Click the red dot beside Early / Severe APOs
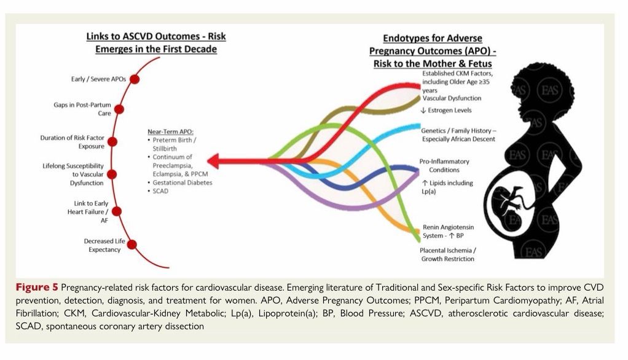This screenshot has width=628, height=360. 134,79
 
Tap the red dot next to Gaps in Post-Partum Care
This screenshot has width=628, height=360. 119,109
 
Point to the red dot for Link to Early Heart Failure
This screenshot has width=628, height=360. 117,211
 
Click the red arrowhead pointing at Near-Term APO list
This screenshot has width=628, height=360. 214,162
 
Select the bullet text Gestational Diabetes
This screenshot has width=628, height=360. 183,182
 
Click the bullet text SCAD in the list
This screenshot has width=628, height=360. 162,191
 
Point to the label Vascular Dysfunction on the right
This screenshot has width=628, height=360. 451,98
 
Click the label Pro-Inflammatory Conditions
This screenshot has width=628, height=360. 444,165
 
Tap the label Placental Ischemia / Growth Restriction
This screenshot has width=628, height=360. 447,254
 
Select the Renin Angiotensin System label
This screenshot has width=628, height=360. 448,231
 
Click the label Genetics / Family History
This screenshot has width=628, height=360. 458,135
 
